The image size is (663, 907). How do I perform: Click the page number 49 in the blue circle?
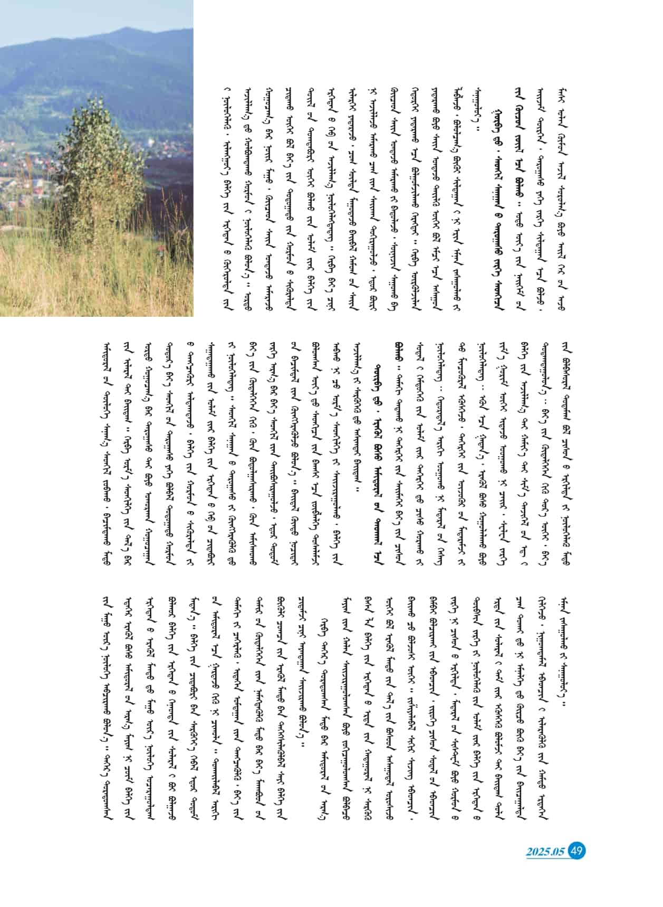point(578,851)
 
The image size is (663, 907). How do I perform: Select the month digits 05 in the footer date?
point(559,852)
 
